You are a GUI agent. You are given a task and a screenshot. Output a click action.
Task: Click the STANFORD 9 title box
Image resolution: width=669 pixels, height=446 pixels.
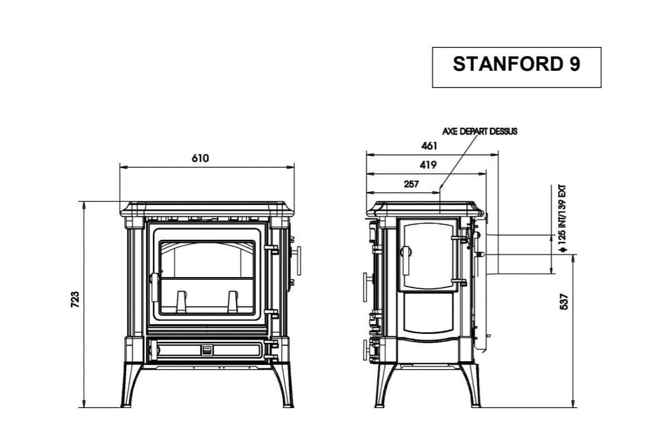coord(516,67)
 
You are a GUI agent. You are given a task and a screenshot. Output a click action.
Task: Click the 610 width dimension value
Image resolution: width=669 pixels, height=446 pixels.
coord(200,158)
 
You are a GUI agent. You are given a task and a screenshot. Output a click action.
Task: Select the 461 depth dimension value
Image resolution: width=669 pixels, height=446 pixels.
coord(429,146)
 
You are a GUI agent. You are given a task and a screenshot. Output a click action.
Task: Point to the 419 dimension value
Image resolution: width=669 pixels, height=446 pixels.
coord(429,165)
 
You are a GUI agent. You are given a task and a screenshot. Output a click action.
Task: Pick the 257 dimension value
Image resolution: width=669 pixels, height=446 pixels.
coord(411,184)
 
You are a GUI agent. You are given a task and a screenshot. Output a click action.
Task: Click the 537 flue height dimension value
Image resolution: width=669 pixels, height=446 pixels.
coord(564,302)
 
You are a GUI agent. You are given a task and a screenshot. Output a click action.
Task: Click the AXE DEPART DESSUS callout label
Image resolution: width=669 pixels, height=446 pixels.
coord(479,132)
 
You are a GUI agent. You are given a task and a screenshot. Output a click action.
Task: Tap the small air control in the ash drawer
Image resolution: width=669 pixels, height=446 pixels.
coord(206,350)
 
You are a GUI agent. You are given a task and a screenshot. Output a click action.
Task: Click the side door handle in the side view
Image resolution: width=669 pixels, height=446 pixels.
coord(405,259)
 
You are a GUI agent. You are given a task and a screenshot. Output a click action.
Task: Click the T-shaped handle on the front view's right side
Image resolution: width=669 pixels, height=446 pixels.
coord(298,260)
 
